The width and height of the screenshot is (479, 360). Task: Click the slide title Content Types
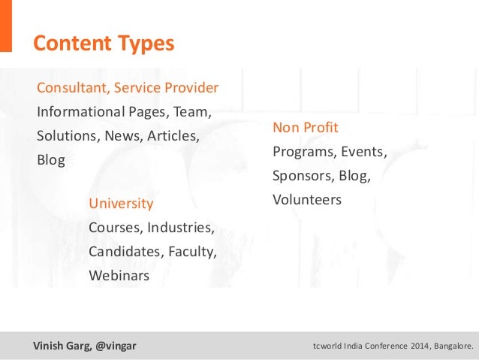pos(103,44)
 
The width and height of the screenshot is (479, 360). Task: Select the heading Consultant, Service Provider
pos(128,88)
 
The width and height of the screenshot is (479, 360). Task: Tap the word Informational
pos(80,112)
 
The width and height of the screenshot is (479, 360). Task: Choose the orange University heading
pos(121,204)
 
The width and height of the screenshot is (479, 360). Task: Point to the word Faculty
pos(192,252)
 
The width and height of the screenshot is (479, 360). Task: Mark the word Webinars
pos(119,276)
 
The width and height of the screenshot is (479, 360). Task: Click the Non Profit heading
pos(305,127)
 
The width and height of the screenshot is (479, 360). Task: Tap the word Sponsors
pos(303,176)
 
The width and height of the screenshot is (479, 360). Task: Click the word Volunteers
pos(307,200)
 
